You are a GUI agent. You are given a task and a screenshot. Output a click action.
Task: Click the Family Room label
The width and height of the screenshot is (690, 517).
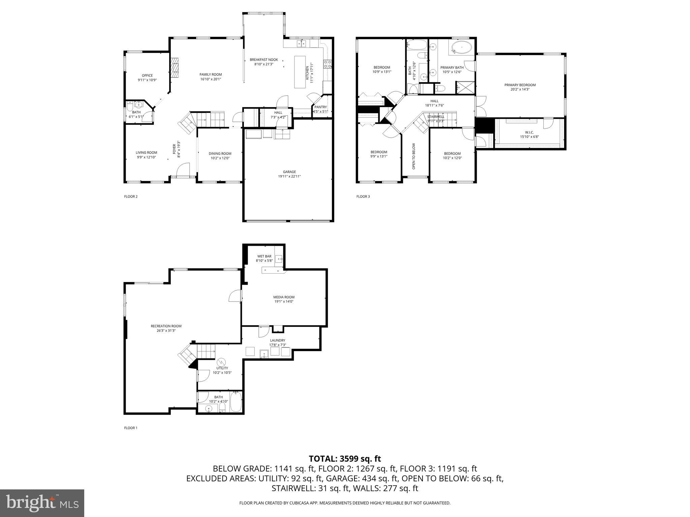pos(211,75)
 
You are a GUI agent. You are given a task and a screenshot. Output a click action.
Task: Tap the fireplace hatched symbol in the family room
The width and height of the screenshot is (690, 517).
pos(174,68)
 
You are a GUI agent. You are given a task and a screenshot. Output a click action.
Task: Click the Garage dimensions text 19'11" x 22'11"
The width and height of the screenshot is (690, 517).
pos(289,176)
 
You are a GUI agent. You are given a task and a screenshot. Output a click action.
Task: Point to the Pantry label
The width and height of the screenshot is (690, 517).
pos(320,107)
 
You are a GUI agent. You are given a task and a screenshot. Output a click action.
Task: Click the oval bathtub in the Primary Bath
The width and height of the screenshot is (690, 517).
pos(461,48)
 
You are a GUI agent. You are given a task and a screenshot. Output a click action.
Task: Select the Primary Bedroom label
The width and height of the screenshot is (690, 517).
pos(520,85)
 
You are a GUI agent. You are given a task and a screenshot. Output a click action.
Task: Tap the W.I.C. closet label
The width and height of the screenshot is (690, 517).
pos(529,132)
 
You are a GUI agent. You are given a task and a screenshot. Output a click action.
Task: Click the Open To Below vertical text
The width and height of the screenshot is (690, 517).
pos(414,156)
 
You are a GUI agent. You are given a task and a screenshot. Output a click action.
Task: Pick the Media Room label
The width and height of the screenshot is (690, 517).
pos(284,297)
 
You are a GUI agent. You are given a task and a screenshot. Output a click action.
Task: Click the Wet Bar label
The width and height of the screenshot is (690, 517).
pos(264,256)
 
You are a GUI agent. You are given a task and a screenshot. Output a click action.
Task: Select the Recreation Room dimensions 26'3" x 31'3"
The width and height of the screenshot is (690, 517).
pos(166,331)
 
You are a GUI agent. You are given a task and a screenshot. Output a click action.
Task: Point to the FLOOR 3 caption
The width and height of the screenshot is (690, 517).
pos(363,197)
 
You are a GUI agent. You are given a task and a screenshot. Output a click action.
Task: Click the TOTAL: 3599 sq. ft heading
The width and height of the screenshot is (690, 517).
pos(345,458)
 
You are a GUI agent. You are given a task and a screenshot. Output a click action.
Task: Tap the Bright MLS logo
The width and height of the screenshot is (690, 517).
pos(42,503)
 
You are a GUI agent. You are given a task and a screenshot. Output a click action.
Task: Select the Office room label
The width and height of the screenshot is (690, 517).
pos(147,75)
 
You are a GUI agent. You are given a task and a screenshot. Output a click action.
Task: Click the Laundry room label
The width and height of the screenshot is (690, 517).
pos(277,340)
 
